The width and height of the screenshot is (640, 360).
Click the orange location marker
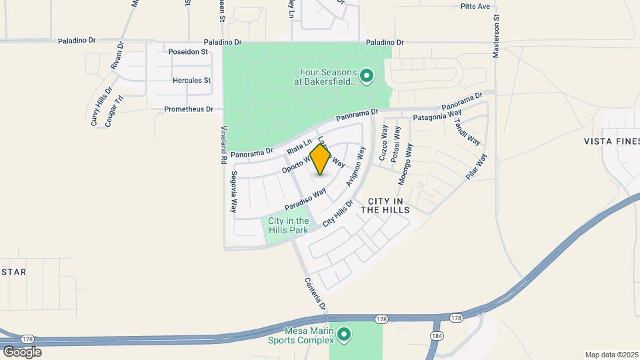click(321, 159)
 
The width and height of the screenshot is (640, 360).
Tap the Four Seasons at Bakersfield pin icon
click(366, 77)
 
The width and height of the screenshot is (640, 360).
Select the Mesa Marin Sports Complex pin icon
click(343, 333)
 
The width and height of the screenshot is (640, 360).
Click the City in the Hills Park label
click(288, 225)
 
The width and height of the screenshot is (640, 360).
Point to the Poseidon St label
click(189, 51)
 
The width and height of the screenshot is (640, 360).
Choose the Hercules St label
click(191, 81)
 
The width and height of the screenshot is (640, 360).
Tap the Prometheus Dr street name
click(190, 109)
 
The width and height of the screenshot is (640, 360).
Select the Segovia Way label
click(234, 191)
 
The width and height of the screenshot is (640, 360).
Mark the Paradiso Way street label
click(305, 197)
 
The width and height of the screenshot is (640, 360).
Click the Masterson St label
click(496, 33)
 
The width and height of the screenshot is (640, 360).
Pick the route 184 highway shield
click(437, 335)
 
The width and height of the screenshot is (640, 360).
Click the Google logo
click(21, 351)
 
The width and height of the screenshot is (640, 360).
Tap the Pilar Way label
click(477, 167)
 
